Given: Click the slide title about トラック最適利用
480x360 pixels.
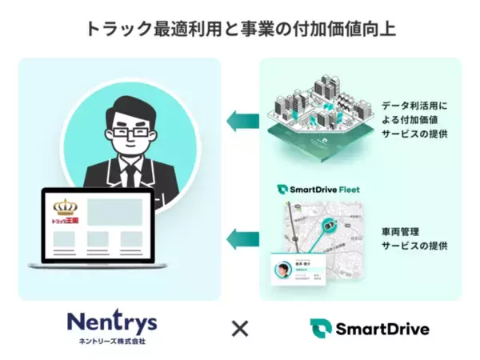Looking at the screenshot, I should [240, 30].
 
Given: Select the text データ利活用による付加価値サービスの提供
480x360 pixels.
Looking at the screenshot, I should [415, 118].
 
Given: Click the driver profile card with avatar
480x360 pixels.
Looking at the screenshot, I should [298, 270].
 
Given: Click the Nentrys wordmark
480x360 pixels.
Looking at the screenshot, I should [112, 322].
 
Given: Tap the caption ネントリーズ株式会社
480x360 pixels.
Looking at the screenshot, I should [112, 341].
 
